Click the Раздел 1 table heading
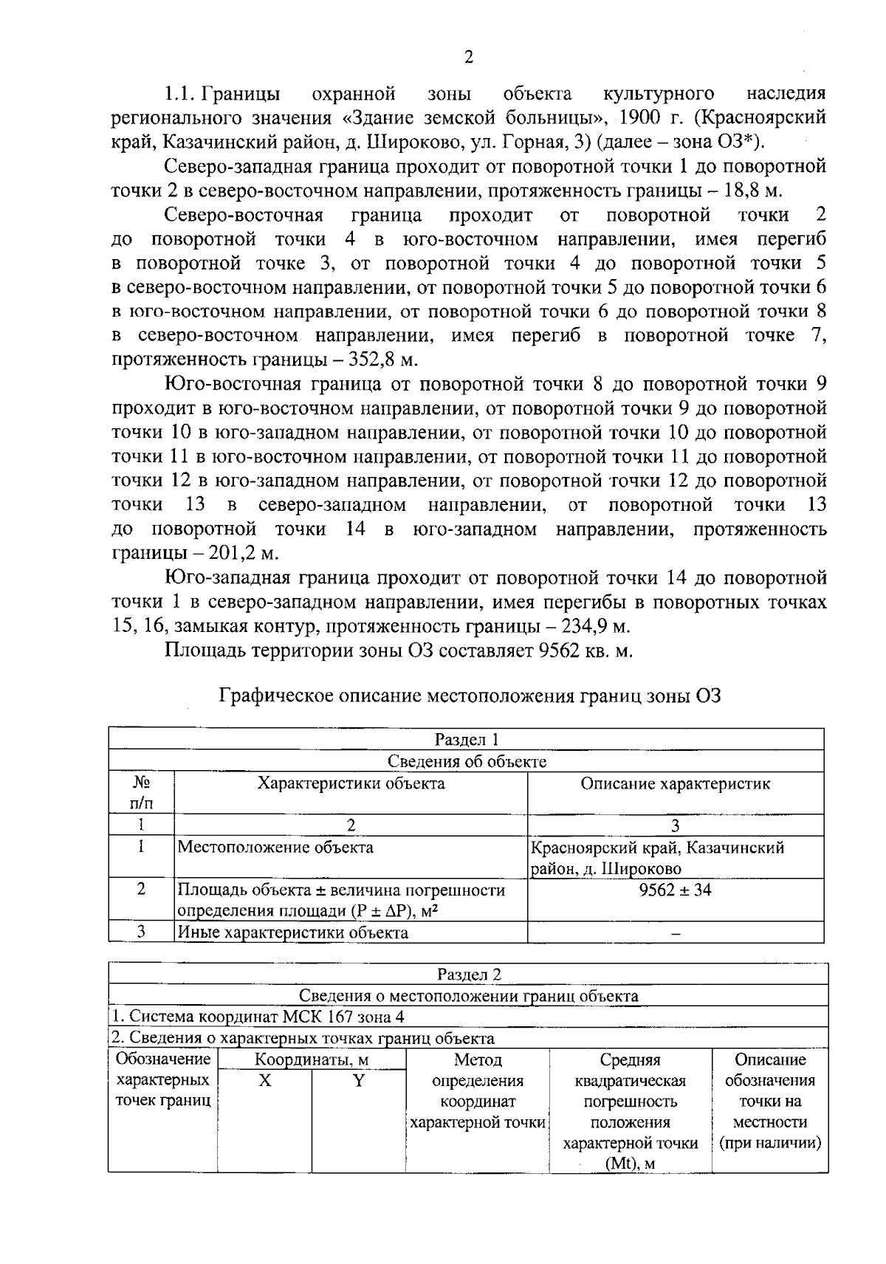pos(467,739)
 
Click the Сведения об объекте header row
pos(467,761)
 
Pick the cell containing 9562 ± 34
pos(675,890)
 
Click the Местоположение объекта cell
pos(276,848)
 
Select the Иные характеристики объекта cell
pos(294,932)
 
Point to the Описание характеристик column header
pos(675,784)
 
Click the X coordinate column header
pos(264,1081)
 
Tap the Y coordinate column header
pos(358,1081)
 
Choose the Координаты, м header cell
pos(311,1060)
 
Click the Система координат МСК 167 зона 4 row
pos(258,1017)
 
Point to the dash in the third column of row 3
pos(675,934)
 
